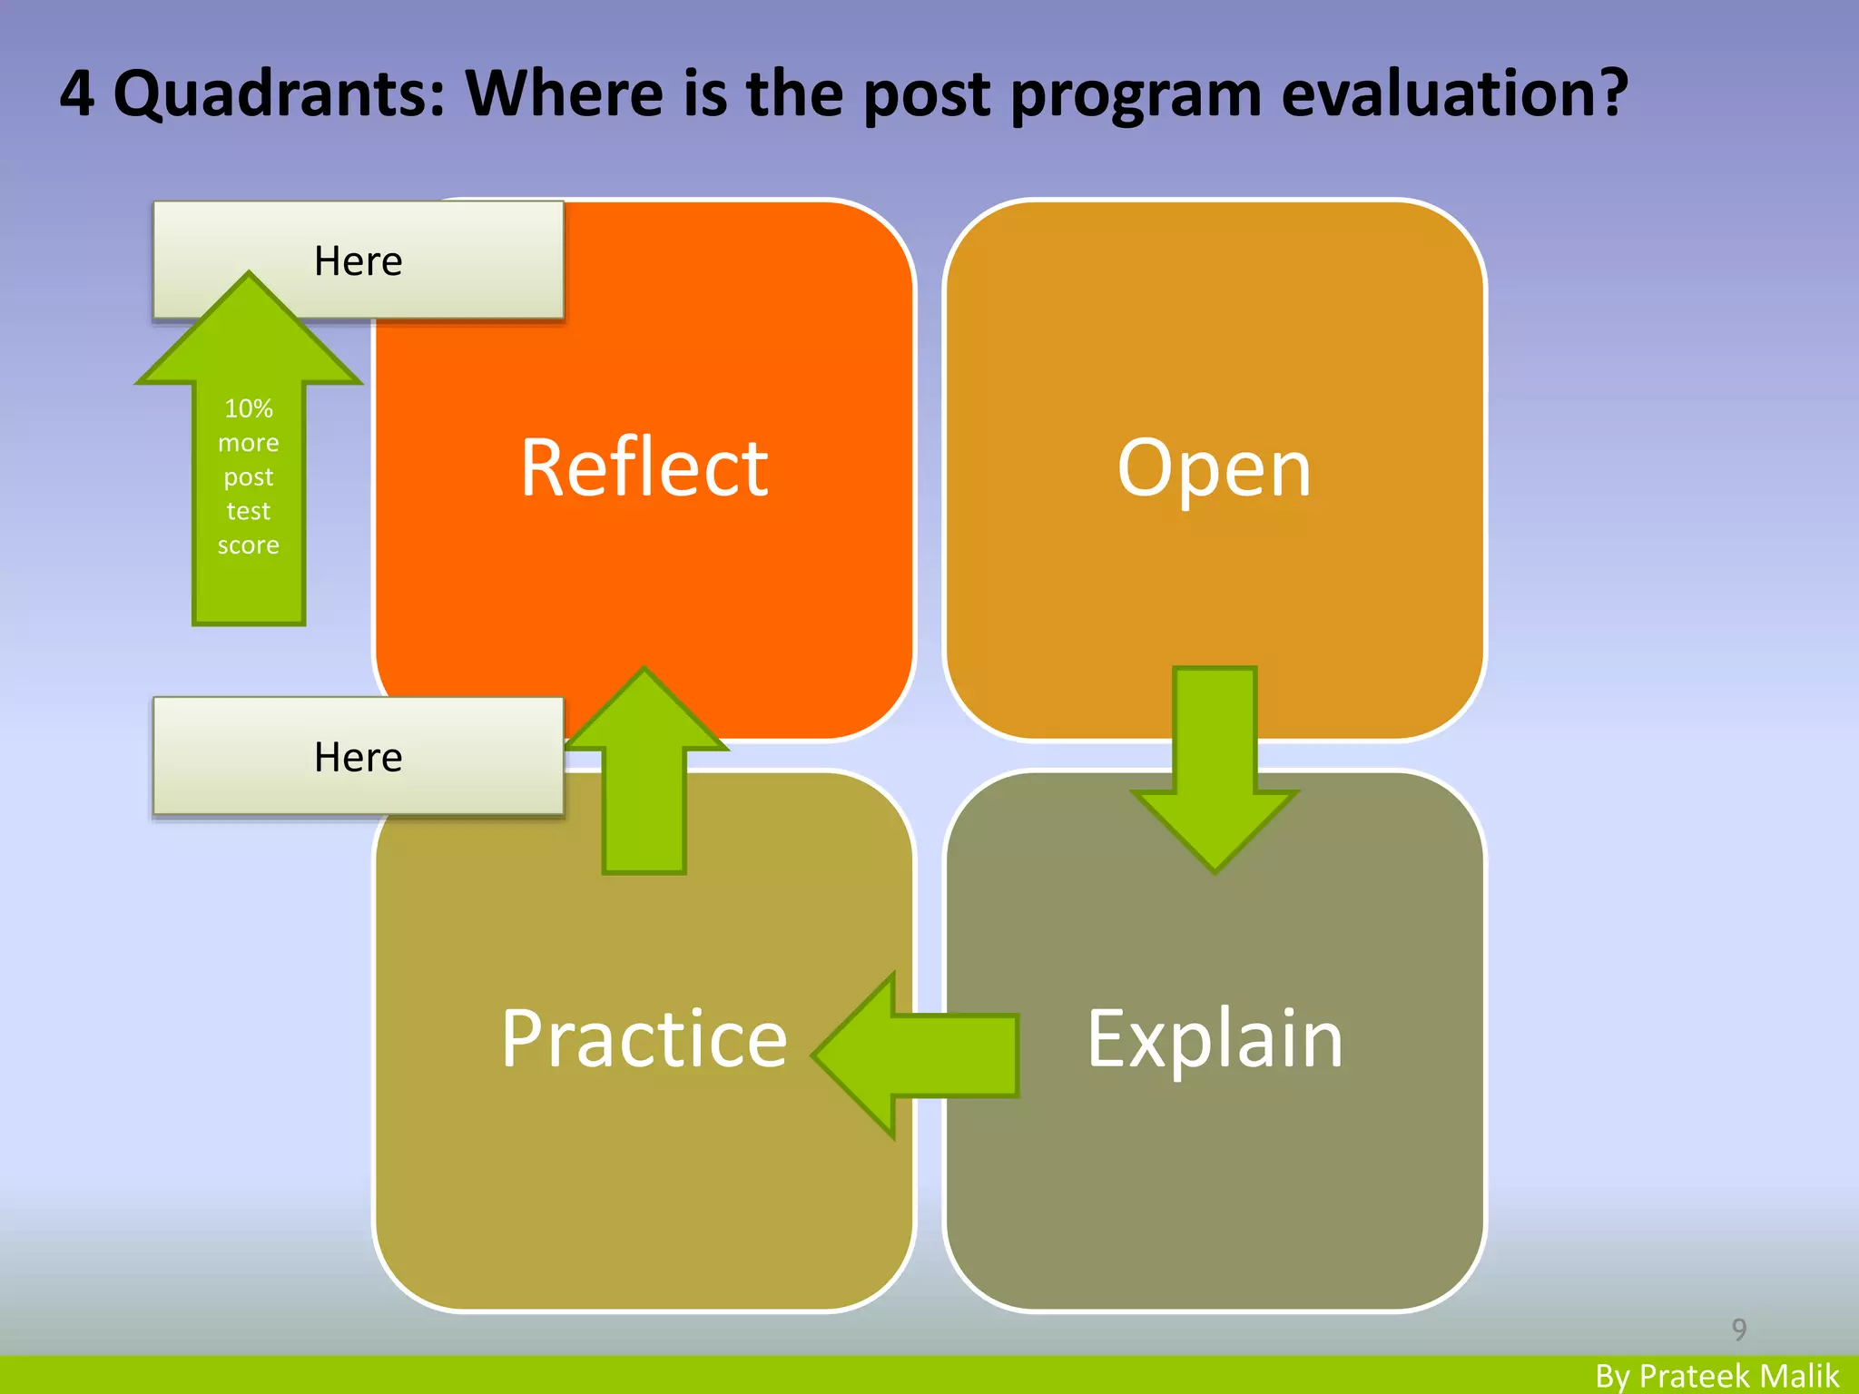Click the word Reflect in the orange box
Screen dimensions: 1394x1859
click(644, 468)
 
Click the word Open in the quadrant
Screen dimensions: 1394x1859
click(1214, 468)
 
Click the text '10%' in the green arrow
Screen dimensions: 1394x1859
click(249, 408)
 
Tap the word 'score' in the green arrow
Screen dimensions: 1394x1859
click(249, 545)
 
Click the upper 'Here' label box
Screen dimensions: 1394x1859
click(359, 260)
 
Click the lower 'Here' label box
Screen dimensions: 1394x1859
click(359, 756)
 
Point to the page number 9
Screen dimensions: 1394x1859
click(1738, 1330)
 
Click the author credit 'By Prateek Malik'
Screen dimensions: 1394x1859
click(1716, 1376)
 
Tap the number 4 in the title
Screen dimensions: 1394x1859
click(77, 93)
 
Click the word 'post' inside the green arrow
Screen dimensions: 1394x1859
click(249, 477)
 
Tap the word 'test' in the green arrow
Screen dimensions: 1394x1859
click(249, 511)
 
